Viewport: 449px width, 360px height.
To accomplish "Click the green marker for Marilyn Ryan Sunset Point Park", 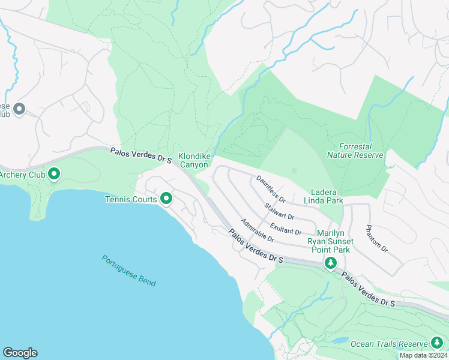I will coord(330,262).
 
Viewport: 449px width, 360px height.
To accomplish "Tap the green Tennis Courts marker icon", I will coord(166,199).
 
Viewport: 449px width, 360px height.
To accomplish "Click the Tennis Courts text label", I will coord(131,199).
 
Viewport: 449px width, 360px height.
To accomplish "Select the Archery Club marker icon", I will coord(54,175).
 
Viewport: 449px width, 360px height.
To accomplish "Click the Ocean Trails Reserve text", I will coord(388,344).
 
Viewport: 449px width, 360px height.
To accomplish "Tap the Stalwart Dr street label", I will coord(279,211).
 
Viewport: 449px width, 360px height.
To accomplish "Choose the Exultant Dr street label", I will coord(286,229).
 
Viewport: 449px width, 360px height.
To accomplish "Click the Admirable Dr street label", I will coord(258,231).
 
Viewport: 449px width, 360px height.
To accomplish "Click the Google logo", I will coord(20,353).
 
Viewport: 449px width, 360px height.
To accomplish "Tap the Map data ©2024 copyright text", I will coord(423,355).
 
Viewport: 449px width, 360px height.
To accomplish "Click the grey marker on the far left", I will coord(19,109).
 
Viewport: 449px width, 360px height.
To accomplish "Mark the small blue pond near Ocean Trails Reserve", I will coord(340,340).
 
